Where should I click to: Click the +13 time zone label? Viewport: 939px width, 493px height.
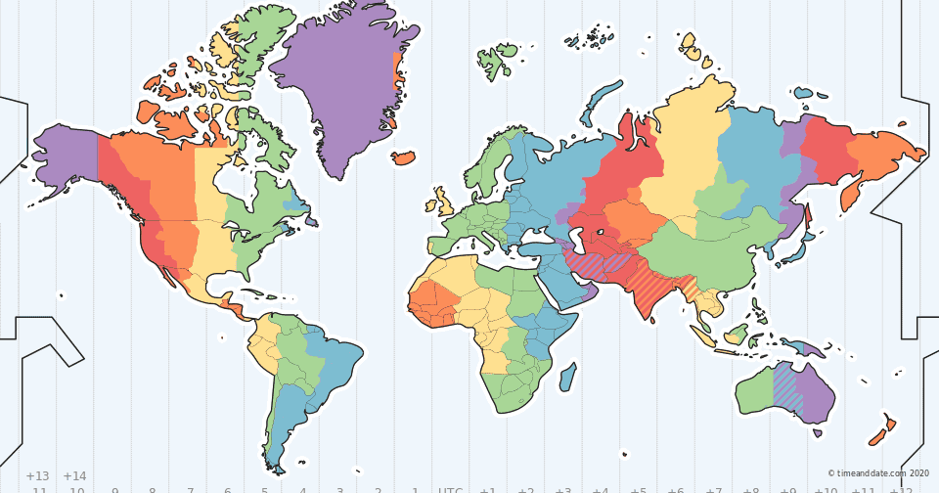click(37, 475)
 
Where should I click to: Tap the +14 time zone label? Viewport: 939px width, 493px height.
click(74, 475)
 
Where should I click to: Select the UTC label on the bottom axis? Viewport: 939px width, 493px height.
click(450, 488)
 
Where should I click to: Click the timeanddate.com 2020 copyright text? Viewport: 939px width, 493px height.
click(877, 472)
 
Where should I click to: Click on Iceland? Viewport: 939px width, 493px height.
click(404, 157)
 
